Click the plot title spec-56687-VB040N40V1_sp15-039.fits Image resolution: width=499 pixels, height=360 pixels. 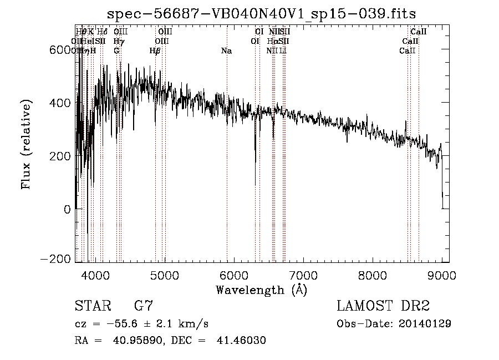[x=262, y=13]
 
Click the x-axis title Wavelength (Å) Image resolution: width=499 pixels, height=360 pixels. [x=261, y=290]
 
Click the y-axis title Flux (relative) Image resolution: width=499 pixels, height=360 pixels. [x=27, y=144]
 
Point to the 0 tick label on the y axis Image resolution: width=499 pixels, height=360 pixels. [x=67, y=209]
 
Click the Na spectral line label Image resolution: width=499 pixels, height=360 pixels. [x=226, y=51]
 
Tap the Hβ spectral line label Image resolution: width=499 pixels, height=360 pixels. [x=155, y=51]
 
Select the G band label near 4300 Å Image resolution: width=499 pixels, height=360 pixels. [x=116, y=51]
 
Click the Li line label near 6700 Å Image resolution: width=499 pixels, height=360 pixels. [x=283, y=51]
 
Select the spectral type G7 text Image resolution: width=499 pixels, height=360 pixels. [x=142, y=306]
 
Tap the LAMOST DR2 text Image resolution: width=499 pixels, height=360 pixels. [x=383, y=306]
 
